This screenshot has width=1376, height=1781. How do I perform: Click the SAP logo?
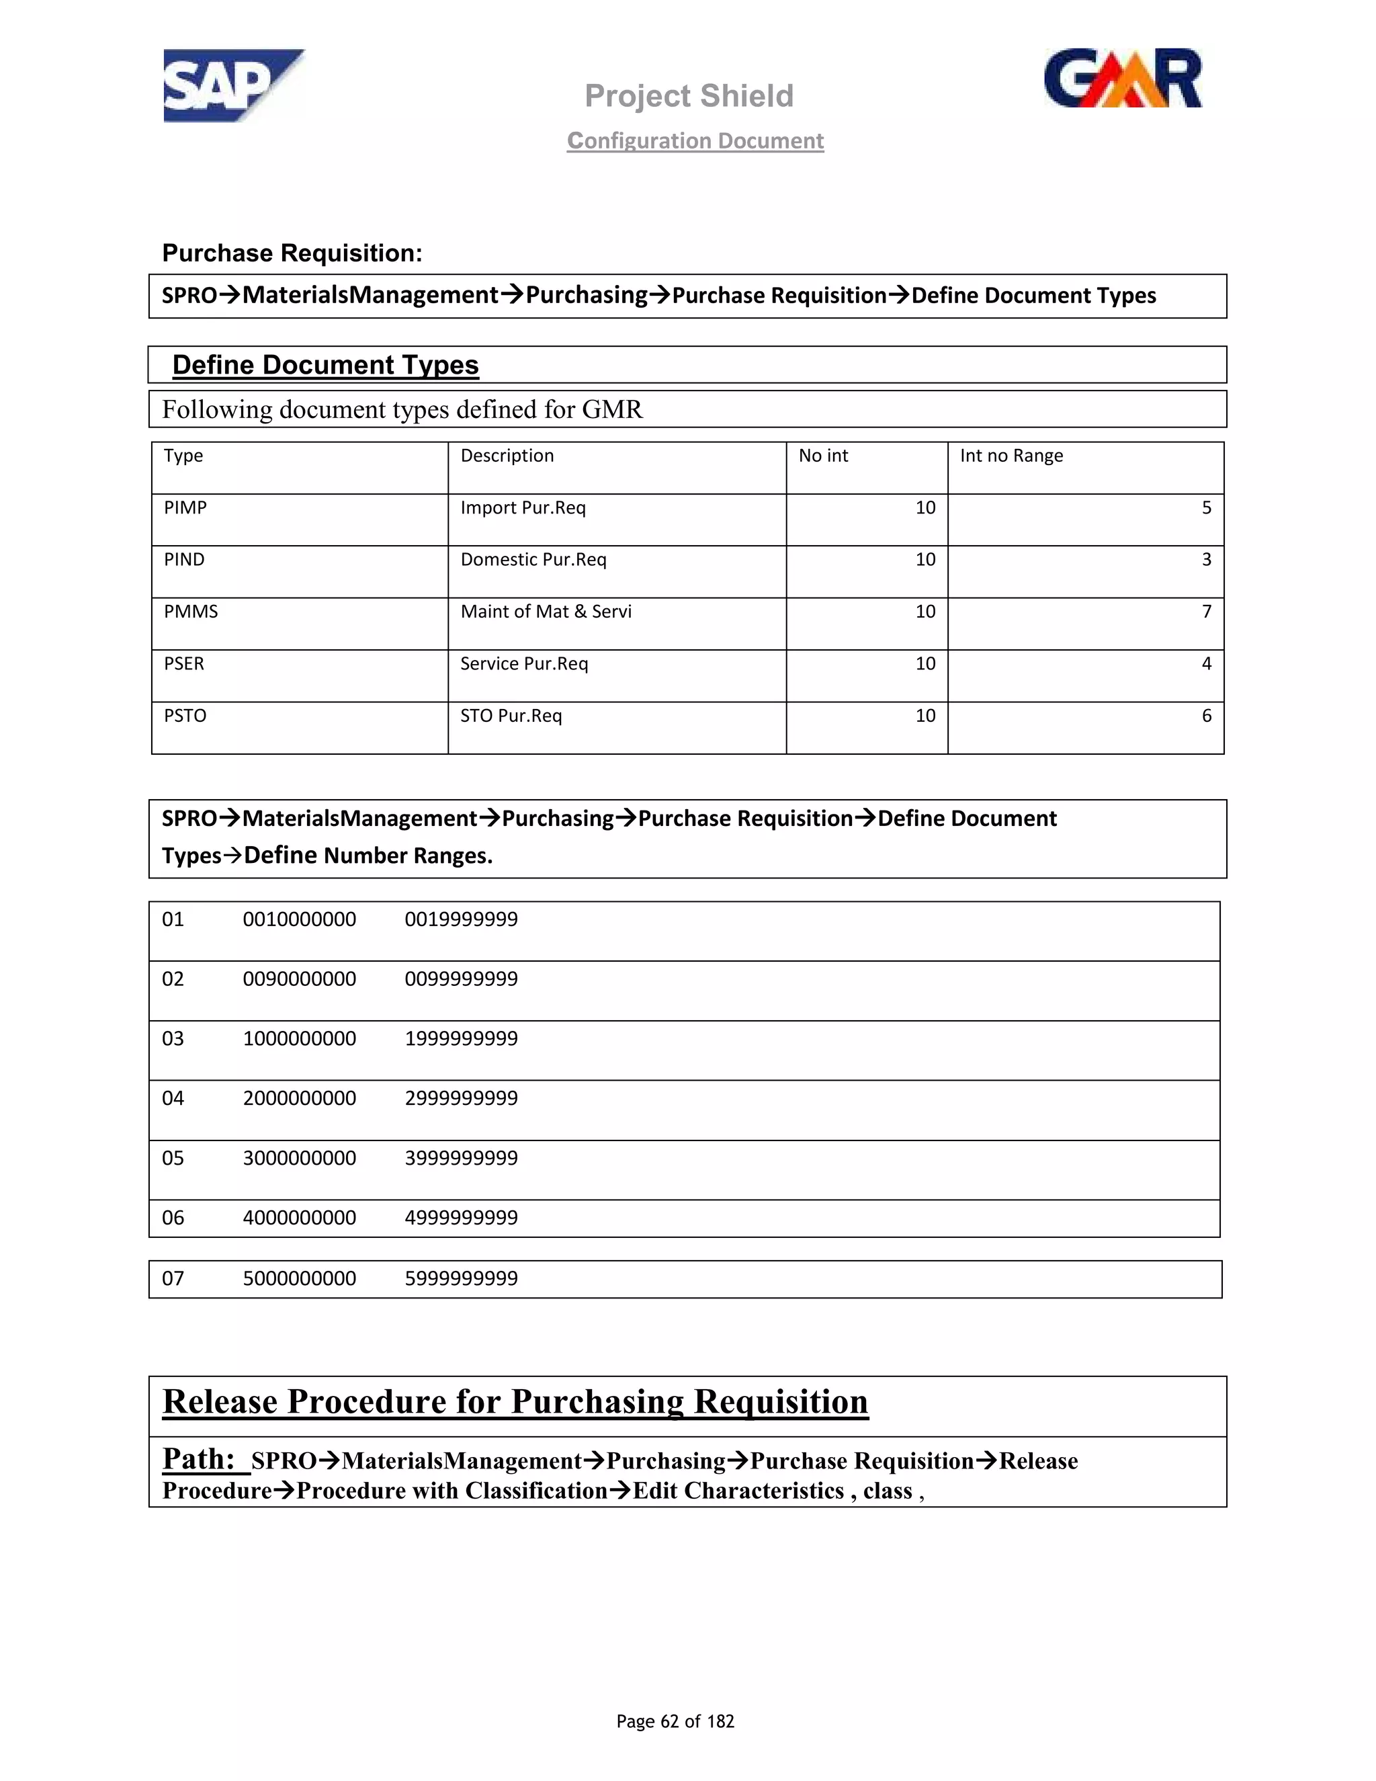[x=232, y=85]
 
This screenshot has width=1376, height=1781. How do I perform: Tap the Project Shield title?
[x=689, y=95]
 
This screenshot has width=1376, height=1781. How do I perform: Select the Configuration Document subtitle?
[x=695, y=140]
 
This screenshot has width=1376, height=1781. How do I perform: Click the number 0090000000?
[x=299, y=979]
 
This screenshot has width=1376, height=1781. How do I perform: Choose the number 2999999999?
[x=462, y=1097]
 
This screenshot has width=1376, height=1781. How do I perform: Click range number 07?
[x=173, y=1278]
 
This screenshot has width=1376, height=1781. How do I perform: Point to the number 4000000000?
[x=299, y=1218]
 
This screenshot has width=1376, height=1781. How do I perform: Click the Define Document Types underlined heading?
[x=325, y=364]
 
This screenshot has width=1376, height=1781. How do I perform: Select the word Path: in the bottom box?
[x=199, y=1458]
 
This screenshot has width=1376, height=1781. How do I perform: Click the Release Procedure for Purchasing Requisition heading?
[x=515, y=1401]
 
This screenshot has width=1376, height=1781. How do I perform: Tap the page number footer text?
[x=675, y=1721]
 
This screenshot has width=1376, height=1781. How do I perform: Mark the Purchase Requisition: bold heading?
[x=292, y=253]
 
